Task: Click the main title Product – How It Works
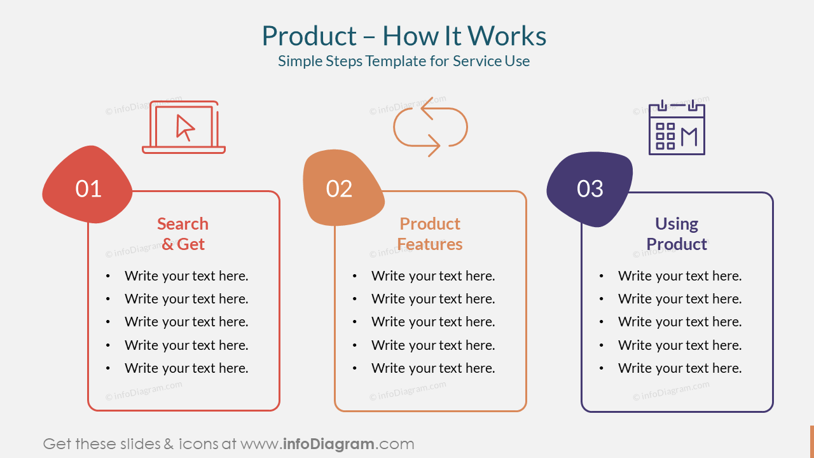point(404,36)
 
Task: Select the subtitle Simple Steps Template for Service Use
point(404,61)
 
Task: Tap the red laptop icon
point(184,127)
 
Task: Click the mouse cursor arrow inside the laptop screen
point(185,127)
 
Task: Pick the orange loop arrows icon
point(430,127)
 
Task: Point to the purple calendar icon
point(677,127)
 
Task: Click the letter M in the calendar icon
point(689,137)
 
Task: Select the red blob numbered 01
point(88,186)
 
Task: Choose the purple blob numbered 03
point(590,188)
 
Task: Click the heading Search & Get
point(183,234)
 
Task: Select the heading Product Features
point(430,234)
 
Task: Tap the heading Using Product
point(677,234)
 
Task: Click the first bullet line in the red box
point(186,276)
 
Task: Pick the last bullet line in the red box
point(186,368)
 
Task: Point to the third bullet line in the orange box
point(433,322)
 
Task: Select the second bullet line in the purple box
point(680,299)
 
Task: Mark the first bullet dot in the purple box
point(602,276)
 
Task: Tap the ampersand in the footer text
point(169,444)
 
